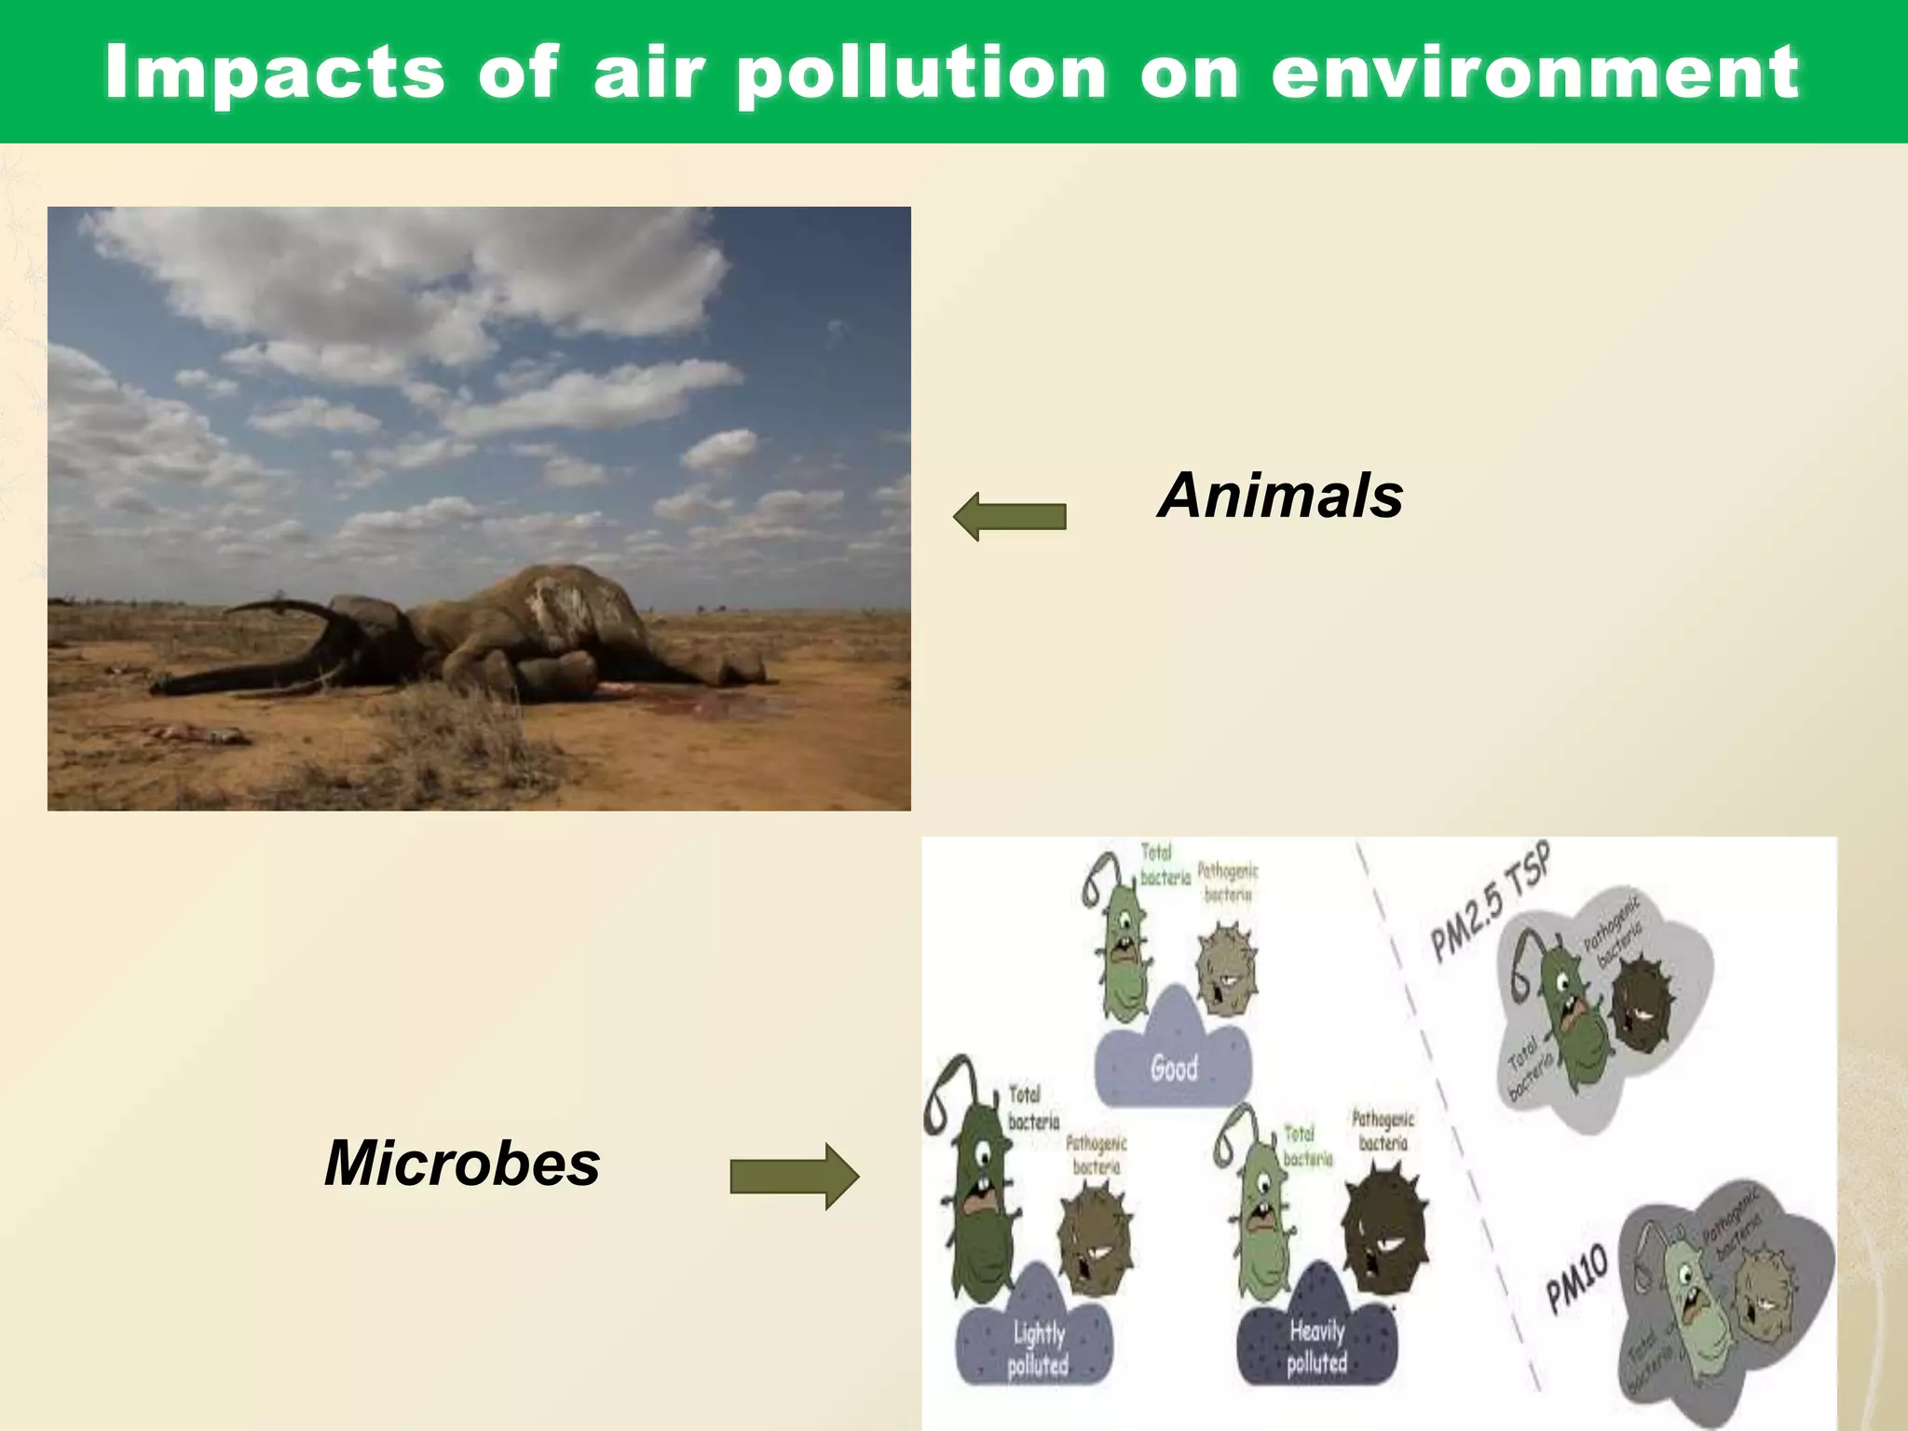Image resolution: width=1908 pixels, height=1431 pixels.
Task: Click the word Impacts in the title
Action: (275, 73)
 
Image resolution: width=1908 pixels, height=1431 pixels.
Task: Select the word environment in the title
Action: (1534, 73)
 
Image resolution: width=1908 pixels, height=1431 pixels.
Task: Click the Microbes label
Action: (462, 1164)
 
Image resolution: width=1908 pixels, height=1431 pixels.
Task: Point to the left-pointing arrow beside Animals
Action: (1009, 516)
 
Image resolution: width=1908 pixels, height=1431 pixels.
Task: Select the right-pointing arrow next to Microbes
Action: (794, 1177)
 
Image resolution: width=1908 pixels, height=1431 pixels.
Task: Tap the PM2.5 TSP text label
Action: (1491, 901)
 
